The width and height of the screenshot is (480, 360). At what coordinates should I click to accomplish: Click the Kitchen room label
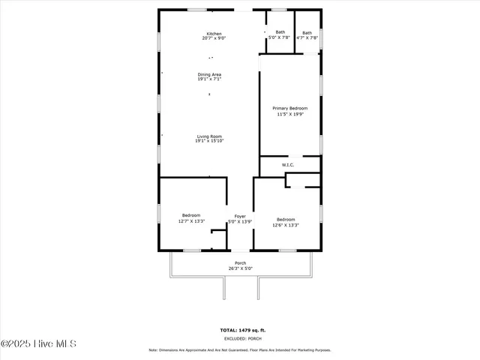[x=214, y=33]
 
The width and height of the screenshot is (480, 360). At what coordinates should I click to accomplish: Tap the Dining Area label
[x=209, y=74]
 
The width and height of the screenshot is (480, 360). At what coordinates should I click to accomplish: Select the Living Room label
[x=209, y=136]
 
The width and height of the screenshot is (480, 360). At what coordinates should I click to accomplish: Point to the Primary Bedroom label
[x=289, y=109]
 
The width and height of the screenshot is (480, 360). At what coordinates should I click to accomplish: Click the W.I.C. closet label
[x=288, y=165]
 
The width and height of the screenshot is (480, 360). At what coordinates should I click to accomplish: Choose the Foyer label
[x=240, y=216]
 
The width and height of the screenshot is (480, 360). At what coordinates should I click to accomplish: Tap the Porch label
[x=240, y=262]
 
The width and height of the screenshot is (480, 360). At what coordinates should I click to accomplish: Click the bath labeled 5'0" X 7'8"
[x=280, y=32]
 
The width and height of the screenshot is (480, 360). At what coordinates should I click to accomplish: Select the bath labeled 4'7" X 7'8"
[x=307, y=33]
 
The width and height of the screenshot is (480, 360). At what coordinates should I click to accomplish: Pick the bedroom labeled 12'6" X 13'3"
[x=286, y=220]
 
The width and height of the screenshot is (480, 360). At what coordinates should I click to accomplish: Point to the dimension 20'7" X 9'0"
[x=214, y=37]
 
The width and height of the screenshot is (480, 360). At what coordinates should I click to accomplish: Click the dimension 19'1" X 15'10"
[x=209, y=141]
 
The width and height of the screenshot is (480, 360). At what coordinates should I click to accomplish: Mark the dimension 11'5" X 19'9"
[x=289, y=114]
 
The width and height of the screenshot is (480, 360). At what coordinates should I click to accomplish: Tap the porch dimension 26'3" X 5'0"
[x=240, y=268]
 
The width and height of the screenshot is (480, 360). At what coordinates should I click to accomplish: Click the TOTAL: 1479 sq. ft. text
[x=240, y=330]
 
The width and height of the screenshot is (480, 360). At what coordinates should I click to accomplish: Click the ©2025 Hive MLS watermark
[x=39, y=344]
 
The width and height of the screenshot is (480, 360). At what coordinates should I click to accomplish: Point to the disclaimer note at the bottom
[x=240, y=349]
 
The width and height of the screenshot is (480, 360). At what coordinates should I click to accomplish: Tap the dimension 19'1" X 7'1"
[x=209, y=79]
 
